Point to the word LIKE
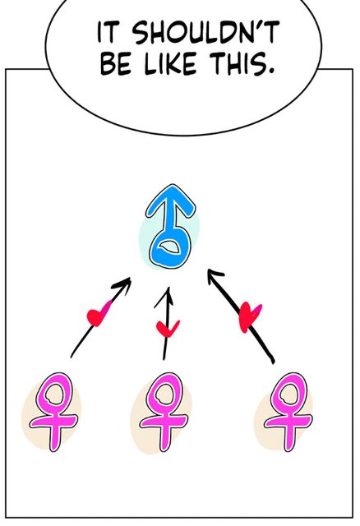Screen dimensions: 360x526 pos(170,64)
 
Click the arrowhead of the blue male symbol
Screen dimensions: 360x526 pos(170,201)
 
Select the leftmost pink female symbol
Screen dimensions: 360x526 pos(53,411)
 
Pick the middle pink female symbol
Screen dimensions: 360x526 pos(164,411)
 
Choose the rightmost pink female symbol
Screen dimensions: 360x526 pos(288,411)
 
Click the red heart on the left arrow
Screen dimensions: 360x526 pos(98,314)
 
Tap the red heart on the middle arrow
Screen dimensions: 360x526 pos(168,329)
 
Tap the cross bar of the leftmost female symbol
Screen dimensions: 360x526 pos(53,421)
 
